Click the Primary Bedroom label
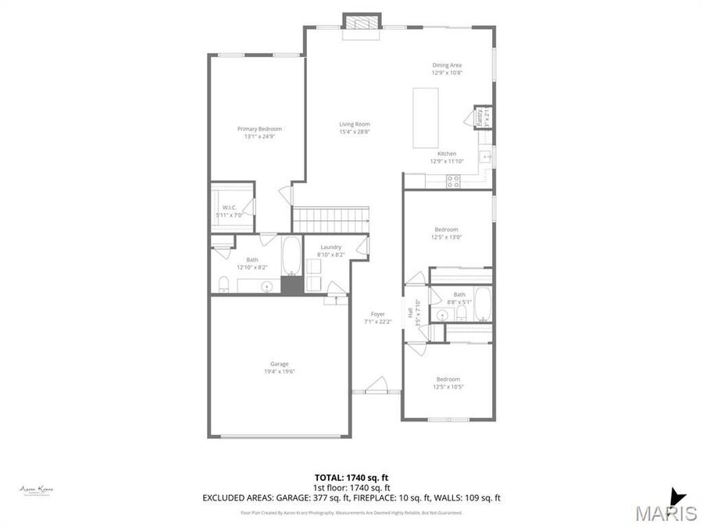(x=259, y=129)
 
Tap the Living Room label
(x=354, y=124)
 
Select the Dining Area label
(x=448, y=65)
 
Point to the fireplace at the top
(x=362, y=23)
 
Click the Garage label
(x=280, y=364)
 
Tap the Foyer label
(x=378, y=315)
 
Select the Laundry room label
(x=330, y=247)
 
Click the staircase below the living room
(x=330, y=219)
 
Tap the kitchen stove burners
(x=452, y=180)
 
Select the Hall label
(x=409, y=313)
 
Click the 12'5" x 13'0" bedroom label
(x=446, y=230)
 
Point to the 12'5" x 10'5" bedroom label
(x=448, y=379)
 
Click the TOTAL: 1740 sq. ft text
(x=351, y=476)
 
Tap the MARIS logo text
(x=666, y=513)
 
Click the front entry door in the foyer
(x=377, y=386)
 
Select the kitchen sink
(x=486, y=156)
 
